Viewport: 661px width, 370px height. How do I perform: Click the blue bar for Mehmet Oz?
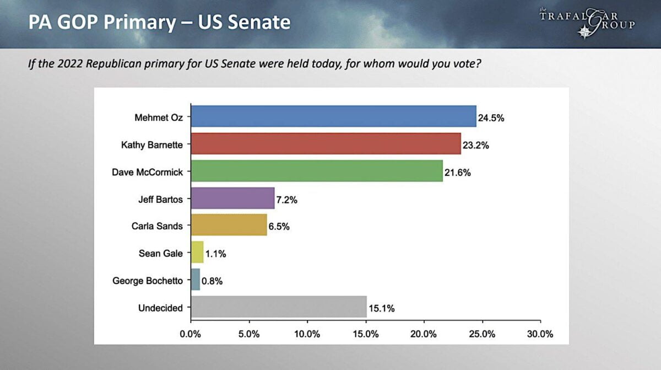[x=333, y=116]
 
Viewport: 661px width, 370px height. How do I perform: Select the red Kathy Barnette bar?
[x=326, y=143]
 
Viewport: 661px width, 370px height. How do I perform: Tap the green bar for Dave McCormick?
[x=317, y=171]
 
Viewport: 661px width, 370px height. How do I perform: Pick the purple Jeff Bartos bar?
[x=232, y=198]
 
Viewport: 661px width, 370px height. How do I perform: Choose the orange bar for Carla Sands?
[x=229, y=225]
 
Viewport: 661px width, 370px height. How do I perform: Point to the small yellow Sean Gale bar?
[x=197, y=253]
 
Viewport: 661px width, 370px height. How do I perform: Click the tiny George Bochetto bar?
[x=196, y=280]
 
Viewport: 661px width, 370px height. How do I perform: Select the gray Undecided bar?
[x=279, y=307]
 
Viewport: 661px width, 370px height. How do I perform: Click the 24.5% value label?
[x=491, y=117]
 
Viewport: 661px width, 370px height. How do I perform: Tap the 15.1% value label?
[x=382, y=308]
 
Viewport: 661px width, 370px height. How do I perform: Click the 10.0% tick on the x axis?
[x=307, y=334]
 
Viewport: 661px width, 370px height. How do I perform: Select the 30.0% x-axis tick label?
[x=540, y=334]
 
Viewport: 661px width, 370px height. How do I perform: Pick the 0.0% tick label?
[x=191, y=334]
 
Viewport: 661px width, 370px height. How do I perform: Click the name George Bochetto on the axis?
[x=147, y=281]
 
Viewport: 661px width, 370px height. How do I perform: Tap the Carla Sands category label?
[x=157, y=226]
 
